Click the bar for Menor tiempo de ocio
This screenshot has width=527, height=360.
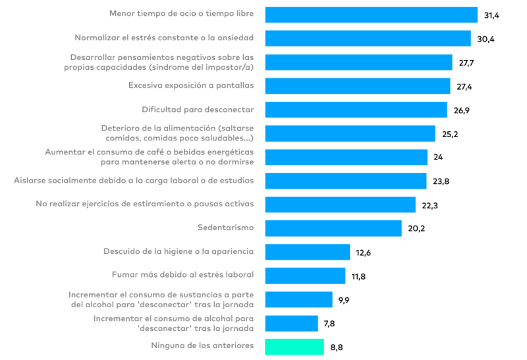[x=371, y=15]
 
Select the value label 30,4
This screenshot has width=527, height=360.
[x=485, y=39]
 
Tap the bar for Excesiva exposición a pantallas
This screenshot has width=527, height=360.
[x=358, y=86]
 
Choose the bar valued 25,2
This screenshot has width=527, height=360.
[x=350, y=133]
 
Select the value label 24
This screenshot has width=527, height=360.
[x=439, y=157]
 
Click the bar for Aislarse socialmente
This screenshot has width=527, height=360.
[x=346, y=181]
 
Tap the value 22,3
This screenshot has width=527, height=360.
[x=430, y=205]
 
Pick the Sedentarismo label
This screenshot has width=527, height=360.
[x=226, y=228]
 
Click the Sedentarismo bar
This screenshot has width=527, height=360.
[x=333, y=228]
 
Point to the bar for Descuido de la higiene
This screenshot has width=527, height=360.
[x=307, y=252]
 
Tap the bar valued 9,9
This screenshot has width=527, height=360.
[x=298, y=299]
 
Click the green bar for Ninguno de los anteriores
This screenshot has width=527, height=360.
[x=294, y=347]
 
